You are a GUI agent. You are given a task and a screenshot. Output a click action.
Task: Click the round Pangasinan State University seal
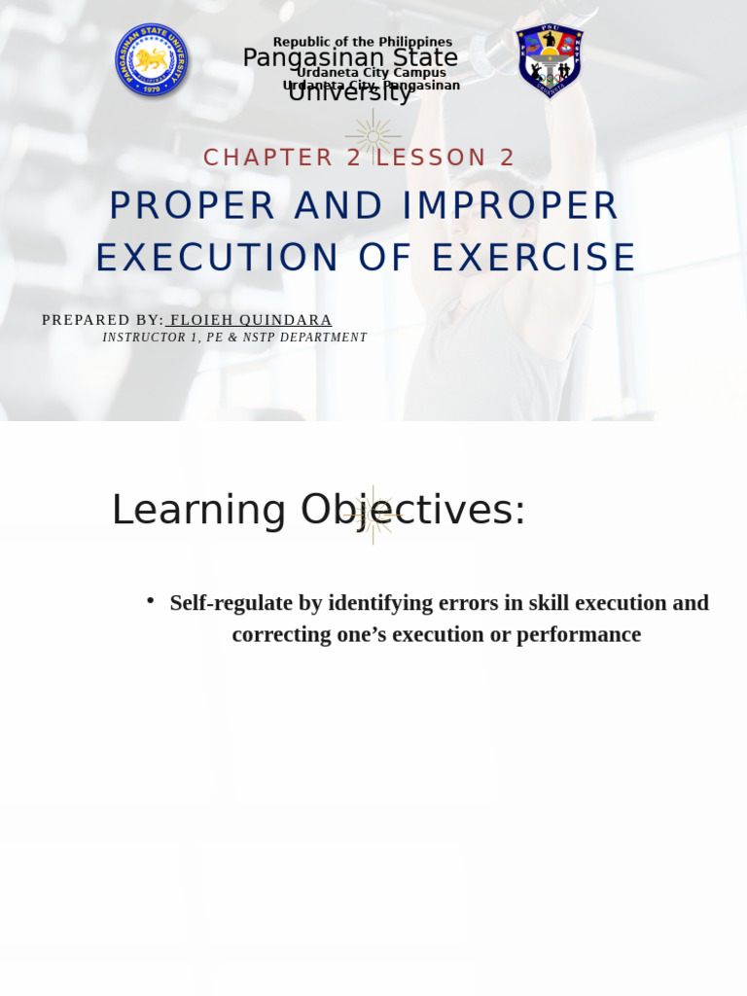pos(152,60)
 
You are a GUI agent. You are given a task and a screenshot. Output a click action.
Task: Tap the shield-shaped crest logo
pos(550,60)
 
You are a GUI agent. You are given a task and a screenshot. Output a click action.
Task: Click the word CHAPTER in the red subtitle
pos(255,158)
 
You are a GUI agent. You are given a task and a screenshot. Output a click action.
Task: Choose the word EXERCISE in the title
pos(534,258)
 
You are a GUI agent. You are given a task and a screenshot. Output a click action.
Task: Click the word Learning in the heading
pos(198,510)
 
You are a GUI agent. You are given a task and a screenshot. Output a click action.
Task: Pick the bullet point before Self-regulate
pos(151,601)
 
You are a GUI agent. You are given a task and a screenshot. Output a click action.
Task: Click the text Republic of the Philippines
pos(362,42)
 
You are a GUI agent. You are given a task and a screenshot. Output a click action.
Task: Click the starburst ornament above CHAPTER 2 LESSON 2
pos(373,133)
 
